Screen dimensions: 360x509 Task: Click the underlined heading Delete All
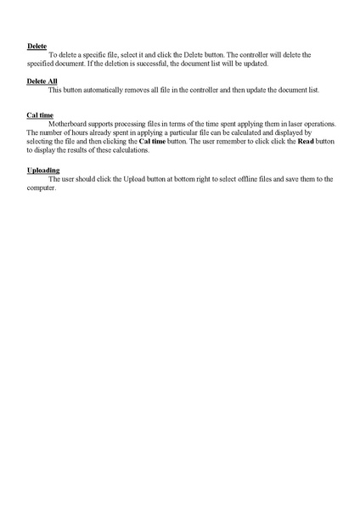(42, 81)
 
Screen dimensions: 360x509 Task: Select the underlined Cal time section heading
(40, 114)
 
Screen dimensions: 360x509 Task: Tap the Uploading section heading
(43, 170)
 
